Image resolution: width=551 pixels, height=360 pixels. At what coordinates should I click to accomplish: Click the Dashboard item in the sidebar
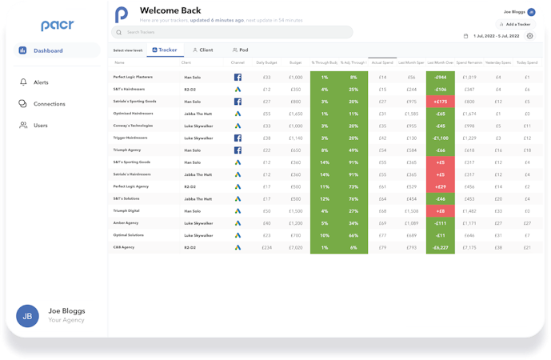[x=48, y=50]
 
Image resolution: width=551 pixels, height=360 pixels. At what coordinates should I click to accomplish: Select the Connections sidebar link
[x=49, y=104]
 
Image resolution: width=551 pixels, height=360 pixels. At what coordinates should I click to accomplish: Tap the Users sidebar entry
[x=39, y=126]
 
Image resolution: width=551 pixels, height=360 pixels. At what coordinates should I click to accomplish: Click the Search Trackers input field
[x=232, y=33]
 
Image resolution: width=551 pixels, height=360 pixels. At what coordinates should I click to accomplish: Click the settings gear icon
[x=529, y=36]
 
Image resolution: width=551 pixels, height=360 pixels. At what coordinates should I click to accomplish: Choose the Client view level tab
[x=202, y=50]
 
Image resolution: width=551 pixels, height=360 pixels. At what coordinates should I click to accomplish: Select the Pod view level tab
[x=239, y=50]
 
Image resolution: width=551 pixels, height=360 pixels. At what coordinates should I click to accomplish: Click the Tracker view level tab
[x=164, y=50]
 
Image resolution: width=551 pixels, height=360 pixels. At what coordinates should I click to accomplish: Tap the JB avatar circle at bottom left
[x=27, y=315]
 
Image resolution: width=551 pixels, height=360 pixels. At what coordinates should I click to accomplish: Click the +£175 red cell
[x=440, y=102]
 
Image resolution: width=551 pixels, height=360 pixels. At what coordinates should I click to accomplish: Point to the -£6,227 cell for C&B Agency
[x=440, y=248]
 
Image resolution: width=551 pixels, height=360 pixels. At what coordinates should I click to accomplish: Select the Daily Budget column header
[x=266, y=62]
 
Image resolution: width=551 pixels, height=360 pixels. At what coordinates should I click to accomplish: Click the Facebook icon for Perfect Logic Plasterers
[x=238, y=78]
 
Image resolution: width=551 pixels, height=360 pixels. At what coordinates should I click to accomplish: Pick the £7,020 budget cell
[x=296, y=248]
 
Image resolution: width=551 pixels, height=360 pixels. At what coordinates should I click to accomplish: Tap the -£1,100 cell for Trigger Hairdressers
[x=440, y=138]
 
